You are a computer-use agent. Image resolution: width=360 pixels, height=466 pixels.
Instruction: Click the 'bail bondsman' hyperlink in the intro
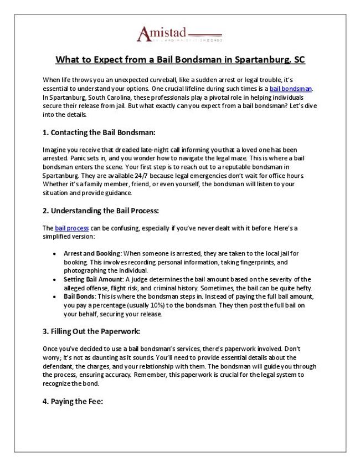(x=291, y=89)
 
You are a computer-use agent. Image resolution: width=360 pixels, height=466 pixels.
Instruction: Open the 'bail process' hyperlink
(x=71, y=228)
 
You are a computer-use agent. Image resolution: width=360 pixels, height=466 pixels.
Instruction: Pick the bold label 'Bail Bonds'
(x=79, y=296)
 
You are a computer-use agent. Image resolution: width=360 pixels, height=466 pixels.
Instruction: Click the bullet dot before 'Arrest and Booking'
(x=53, y=253)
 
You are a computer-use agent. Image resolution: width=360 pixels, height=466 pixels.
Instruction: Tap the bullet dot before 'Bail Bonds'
(x=53, y=296)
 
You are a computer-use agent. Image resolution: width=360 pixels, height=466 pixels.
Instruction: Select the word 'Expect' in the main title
(x=106, y=59)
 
